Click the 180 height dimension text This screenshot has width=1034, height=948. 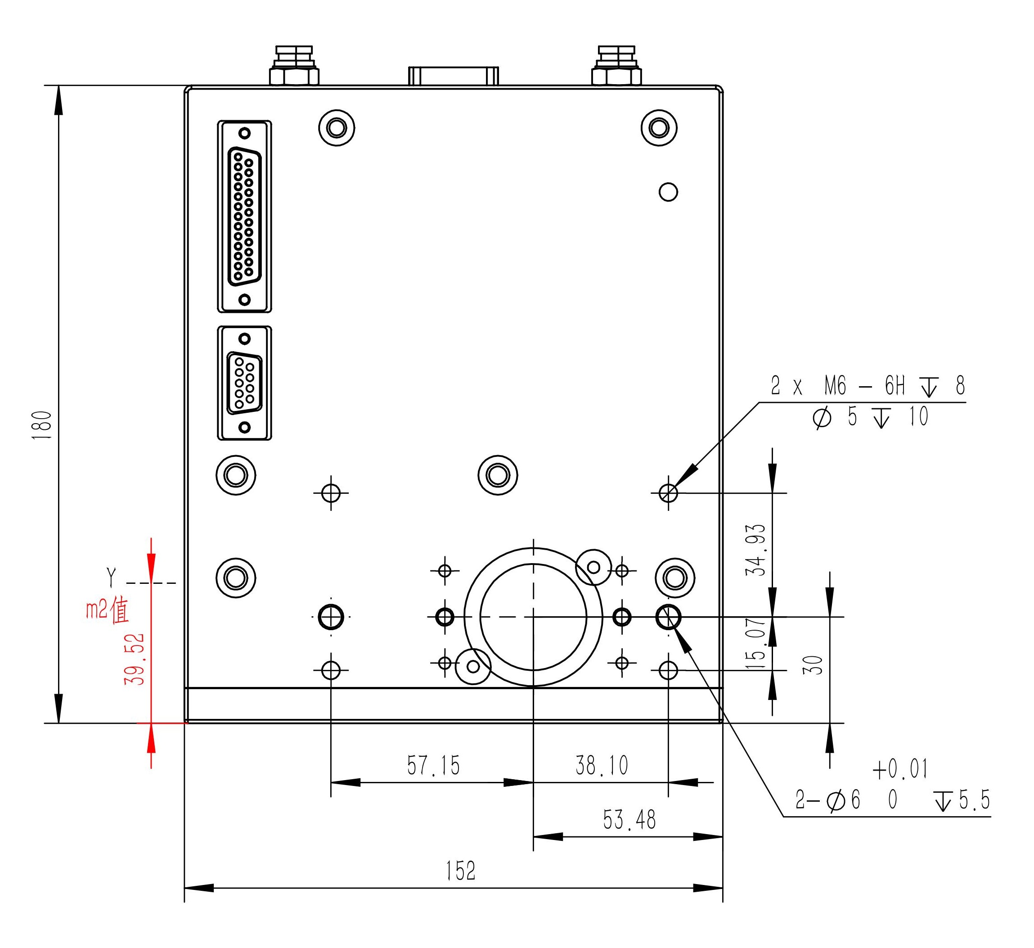pyautogui.click(x=42, y=425)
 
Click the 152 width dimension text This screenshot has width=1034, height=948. pyautogui.click(x=461, y=871)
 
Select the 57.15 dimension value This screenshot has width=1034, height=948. pyautogui.click(x=433, y=765)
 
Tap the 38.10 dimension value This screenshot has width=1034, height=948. pyautogui.click(x=602, y=765)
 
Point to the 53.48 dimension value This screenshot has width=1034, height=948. pyautogui.click(x=629, y=819)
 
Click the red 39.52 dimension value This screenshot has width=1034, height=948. pyautogui.click(x=135, y=659)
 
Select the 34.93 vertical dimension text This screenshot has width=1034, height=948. pyautogui.click(x=755, y=550)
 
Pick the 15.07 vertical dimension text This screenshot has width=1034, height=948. pyautogui.click(x=755, y=643)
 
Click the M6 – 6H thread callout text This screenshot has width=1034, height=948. pyautogui.click(x=864, y=386)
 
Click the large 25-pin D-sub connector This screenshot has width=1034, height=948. pyautogui.click(x=244, y=217)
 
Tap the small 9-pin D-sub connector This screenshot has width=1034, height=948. pyautogui.click(x=244, y=383)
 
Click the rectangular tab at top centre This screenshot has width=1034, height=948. pyautogui.click(x=454, y=76)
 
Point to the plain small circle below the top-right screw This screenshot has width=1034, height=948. pyautogui.click(x=668, y=192)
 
